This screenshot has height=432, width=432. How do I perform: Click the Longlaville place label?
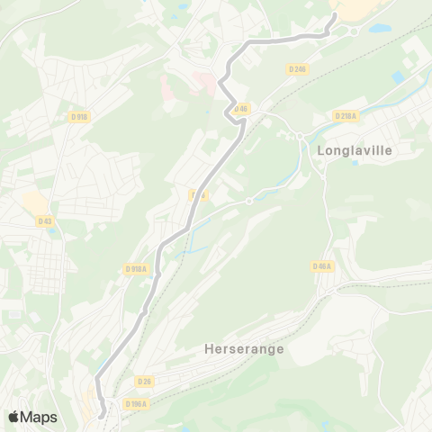(x=355, y=151)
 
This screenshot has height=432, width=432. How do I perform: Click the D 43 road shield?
(x=45, y=220)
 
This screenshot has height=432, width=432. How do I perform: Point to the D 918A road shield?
(x=136, y=268)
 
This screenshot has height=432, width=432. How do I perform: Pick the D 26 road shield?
(x=145, y=382)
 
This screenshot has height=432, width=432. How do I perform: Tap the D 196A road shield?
(x=136, y=404)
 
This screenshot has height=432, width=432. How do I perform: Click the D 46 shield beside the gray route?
(x=239, y=109)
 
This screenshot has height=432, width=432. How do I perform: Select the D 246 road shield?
(x=298, y=68)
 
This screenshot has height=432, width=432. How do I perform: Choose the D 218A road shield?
(x=346, y=115)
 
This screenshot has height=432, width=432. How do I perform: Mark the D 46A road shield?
(x=322, y=266)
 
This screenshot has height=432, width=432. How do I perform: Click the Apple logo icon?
(x=13, y=417)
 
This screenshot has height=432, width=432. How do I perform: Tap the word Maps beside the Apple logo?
(x=39, y=417)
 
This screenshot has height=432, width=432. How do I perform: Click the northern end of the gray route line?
(x=335, y=15)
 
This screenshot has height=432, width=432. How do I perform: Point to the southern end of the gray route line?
(x=102, y=415)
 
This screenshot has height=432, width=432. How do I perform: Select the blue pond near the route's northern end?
(x=379, y=28)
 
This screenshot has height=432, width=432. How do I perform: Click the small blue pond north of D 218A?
(x=398, y=77)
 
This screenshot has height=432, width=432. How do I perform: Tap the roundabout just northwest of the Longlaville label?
(x=299, y=136)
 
